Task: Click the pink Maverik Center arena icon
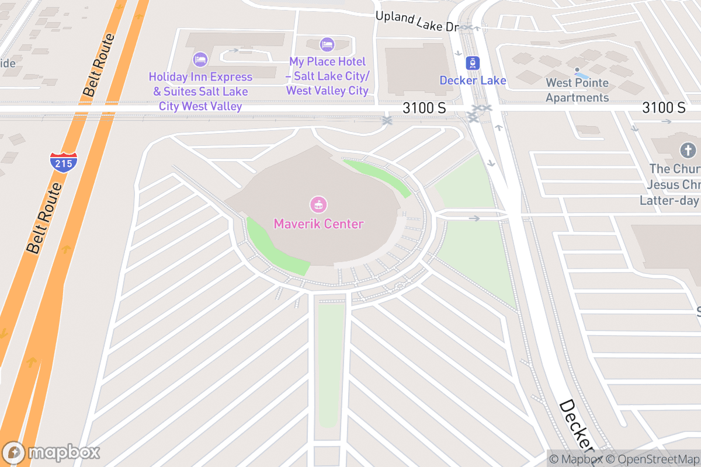[318, 205]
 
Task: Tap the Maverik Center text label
[318, 224]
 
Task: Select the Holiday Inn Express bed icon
[200, 60]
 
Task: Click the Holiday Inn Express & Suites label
[200, 92]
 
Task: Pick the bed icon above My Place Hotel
[327, 44]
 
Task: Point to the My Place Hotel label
[327, 76]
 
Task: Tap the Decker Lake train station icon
[473, 63]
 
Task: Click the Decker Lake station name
[473, 81]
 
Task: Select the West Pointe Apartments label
[577, 90]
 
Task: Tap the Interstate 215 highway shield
[63, 162]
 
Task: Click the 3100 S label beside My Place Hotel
[424, 108]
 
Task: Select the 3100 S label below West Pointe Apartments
[664, 107]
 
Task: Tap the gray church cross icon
[688, 151]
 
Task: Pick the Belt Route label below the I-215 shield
[44, 218]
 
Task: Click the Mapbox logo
[51, 452]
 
